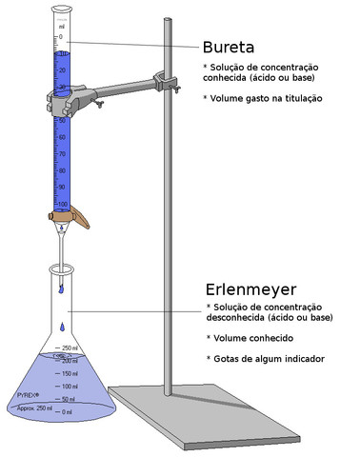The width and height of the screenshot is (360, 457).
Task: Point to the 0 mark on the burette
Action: tap(60, 37)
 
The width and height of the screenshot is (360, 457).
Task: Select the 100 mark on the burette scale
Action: tap(62, 205)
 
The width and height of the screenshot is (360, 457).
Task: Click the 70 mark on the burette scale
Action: tap(62, 154)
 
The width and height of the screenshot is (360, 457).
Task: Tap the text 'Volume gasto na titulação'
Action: tap(264, 99)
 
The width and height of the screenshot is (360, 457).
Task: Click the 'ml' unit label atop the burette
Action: tap(62, 26)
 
